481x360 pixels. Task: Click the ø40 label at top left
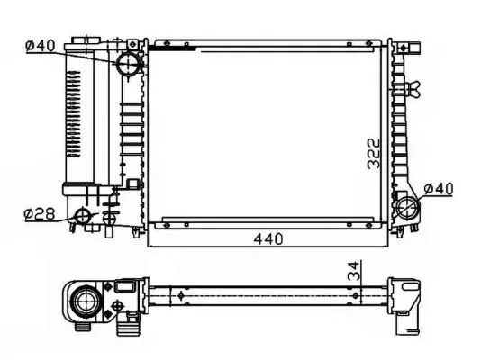click(x=41, y=46)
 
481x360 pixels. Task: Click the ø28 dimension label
click(x=40, y=214)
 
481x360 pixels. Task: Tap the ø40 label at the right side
click(x=438, y=188)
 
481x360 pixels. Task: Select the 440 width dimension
click(x=268, y=238)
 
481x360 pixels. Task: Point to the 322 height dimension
click(x=373, y=154)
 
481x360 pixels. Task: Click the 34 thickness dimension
click(x=354, y=271)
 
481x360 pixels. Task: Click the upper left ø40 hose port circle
click(x=128, y=64)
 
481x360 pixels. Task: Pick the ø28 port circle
click(x=83, y=216)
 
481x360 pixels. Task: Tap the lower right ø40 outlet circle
click(x=407, y=207)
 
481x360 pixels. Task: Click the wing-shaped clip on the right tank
click(x=413, y=89)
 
